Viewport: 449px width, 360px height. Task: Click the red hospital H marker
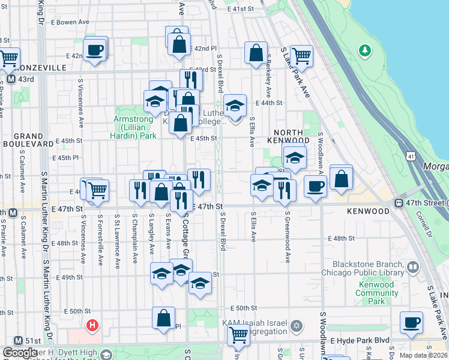pyautogui.click(x=92, y=326)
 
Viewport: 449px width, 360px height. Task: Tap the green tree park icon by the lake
pyautogui.click(x=364, y=51)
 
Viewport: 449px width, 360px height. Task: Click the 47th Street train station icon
pyautogui.click(x=399, y=203)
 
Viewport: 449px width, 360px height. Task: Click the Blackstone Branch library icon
pyautogui.click(x=412, y=266)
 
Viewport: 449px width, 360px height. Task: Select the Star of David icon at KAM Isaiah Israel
pyautogui.click(x=295, y=326)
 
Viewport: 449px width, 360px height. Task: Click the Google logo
pyautogui.click(x=19, y=353)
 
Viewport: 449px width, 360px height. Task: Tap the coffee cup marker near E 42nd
pyautogui.click(x=95, y=50)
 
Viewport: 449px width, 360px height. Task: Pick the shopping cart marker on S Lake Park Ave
pyautogui.click(x=301, y=56)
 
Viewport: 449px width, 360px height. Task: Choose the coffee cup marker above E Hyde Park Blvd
pyautogui.click(x=411, y=322)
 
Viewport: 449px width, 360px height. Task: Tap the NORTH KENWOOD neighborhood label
pyautogui.click(x=291, y=136)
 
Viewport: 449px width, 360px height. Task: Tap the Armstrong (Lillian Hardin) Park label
pyautogui.click(x=135, y=127)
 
